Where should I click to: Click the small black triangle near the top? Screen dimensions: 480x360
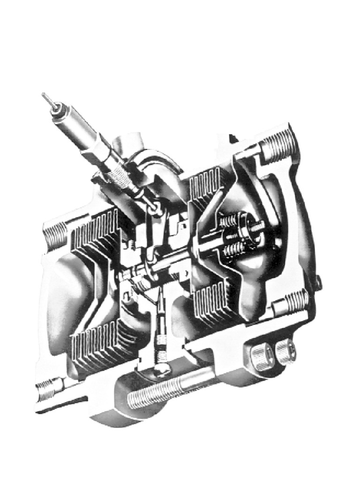point(231,138)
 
